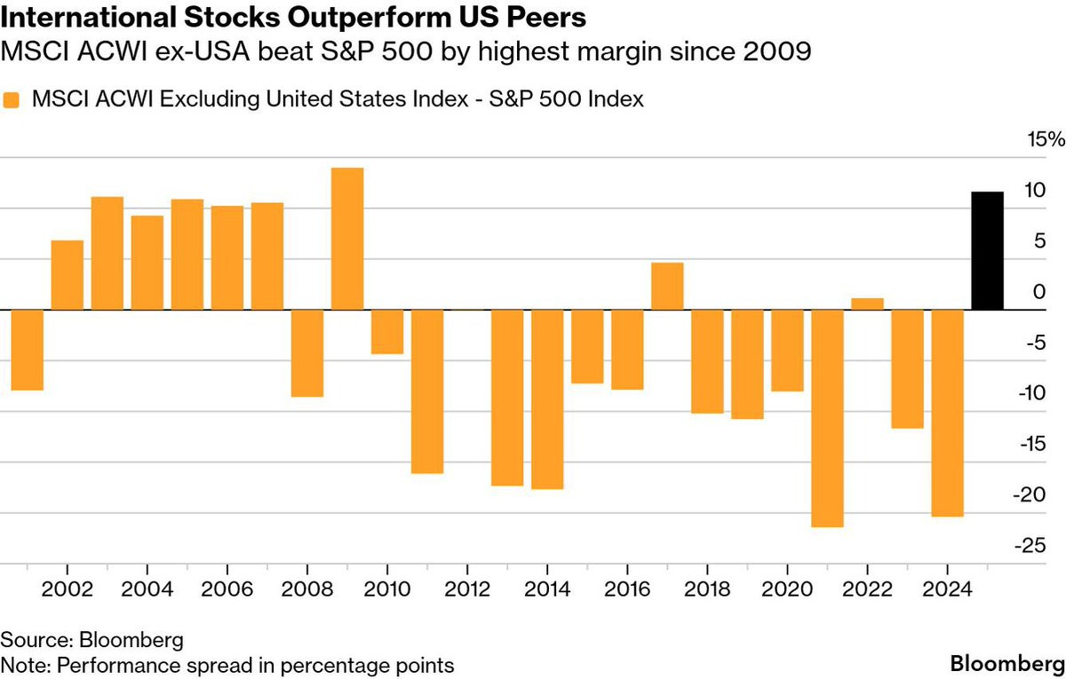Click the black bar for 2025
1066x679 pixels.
(x=988, y=251)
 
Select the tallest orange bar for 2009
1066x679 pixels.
(x=347, y=239)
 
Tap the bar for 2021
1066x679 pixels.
(x=827, y=418)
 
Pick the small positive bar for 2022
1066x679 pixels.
(x=867, y=304)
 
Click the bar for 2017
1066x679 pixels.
(x=667, y=287)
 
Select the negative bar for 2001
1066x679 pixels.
(x=27, y=350)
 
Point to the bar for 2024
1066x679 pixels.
(x=947, y=413)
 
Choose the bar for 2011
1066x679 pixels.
(x=427, y=391)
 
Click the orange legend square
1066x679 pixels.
(x=12, y=100)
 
